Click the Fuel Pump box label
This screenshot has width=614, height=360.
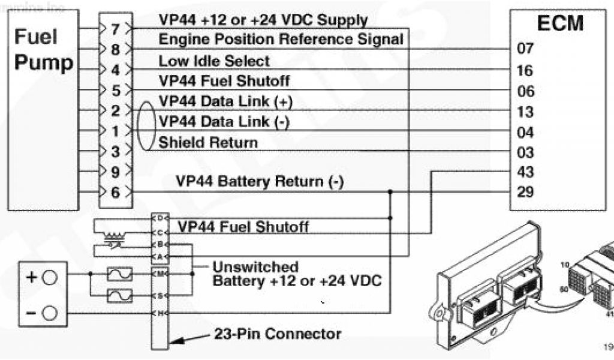pyautogui.click(x=43, y=50)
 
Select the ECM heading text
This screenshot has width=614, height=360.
pyautogui.click(x=561, y=23)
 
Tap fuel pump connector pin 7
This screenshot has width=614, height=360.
pyautogui.click(x=116, y=28)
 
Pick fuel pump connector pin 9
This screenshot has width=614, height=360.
pyautogui.click(x=116, y=172)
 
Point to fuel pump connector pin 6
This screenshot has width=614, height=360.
pyautogui.click(x=116, y=193)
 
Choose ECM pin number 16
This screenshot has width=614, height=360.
pyautogui.click(x=525, y=70)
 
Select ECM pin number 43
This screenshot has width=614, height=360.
pyautogui.click(x=525, y=172)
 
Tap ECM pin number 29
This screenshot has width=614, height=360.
pyautogui.click(x=525, y=193)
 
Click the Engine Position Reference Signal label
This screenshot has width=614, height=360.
pyautogui.click(x=281, y=40)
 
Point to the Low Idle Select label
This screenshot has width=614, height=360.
pyautogui.click(x=214, y=61)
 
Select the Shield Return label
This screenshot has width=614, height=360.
pyautogui.click(x=208, y=143)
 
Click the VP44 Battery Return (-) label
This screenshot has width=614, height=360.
pyautogui.click(x=259, y=182)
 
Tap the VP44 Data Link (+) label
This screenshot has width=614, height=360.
pyautogui.click(x=225, y=101)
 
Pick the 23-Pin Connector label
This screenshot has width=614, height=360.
pyautogui.click(x=277, y=334)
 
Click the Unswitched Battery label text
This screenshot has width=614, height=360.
pyautogui.click(x=297, y=274)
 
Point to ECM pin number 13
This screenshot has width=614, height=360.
pyautogui.click(x=525, y=112)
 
